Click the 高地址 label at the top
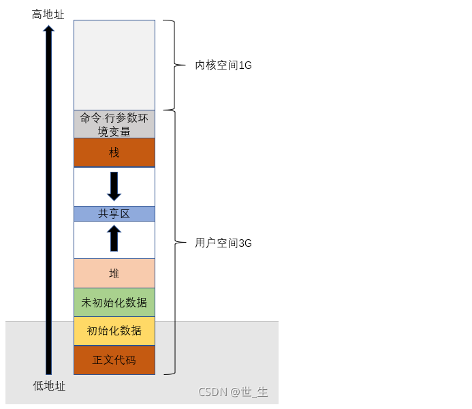point(48,14)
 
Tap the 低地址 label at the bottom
point(49,386)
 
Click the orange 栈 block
point(114,153)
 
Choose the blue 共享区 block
point(114,213)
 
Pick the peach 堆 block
point(114,273)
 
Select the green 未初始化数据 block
point(114,302)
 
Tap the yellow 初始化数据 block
point(114,331)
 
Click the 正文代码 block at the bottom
point(114,360)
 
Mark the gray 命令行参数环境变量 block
point(114,124)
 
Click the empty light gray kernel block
point(114,65)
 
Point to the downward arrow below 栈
point(114,186)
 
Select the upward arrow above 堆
point(114,239)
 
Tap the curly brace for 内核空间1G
point(171,65)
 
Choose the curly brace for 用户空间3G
point(171,242)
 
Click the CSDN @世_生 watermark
point(233,392)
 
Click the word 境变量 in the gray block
point(114,131)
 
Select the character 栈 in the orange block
point(114,153)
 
